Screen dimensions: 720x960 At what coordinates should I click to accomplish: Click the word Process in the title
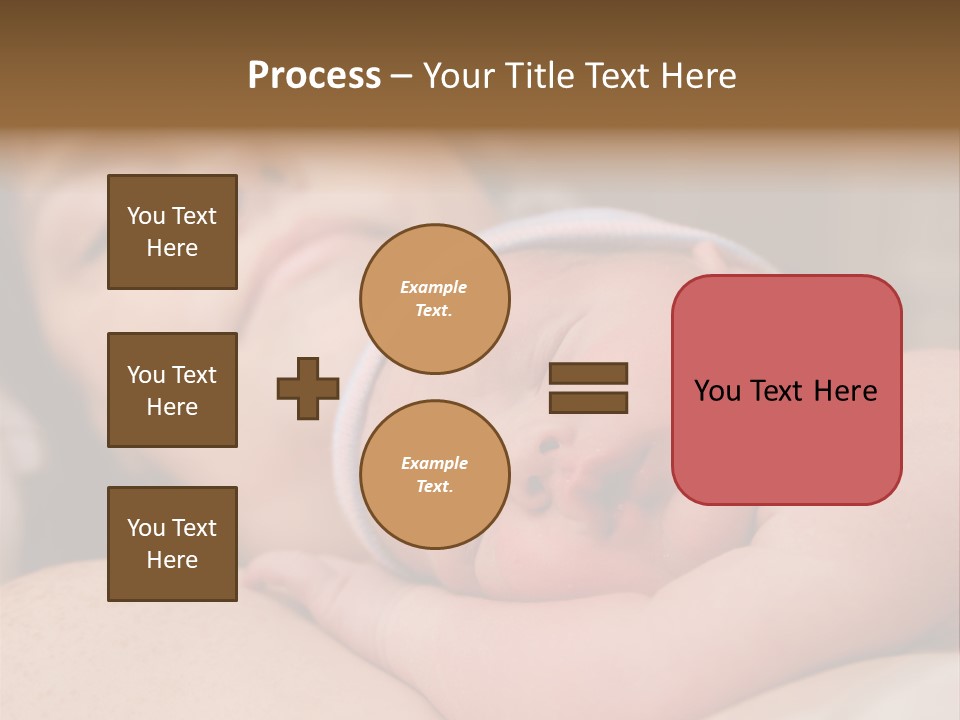[x=314, y=76]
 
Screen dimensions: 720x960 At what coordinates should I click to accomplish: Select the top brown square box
[x=172, y=232]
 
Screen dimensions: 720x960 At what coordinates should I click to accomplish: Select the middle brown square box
[x=172, y=390]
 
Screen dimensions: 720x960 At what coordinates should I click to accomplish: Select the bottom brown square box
[x=172, y=544]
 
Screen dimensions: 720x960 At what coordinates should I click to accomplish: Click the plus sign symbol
[x=308, y=388]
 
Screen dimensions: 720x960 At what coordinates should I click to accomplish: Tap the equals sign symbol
[x=588, y=388]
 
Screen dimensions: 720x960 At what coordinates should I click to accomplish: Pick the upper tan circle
[x=435, y=299]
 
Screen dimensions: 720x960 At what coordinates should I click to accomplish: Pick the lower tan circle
[x=435, y=475]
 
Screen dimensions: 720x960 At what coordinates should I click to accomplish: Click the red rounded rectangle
[x=786, y=390]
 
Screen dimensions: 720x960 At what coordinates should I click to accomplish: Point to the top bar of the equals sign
[x=588, y=374]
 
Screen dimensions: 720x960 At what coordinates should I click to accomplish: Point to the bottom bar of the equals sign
[x=588, y=403]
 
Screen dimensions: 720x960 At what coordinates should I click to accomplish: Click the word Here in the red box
[x=845, y=391]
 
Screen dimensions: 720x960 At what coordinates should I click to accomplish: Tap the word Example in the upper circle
[x=434, y=287]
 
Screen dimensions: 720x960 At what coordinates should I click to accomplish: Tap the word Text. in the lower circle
[x=434, y=487]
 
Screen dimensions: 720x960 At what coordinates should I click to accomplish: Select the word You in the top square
[x=145, y=216]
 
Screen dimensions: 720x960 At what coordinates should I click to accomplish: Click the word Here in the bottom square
[x=172, y=560]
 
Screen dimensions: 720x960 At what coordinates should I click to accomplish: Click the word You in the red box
[x=718, y=391]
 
